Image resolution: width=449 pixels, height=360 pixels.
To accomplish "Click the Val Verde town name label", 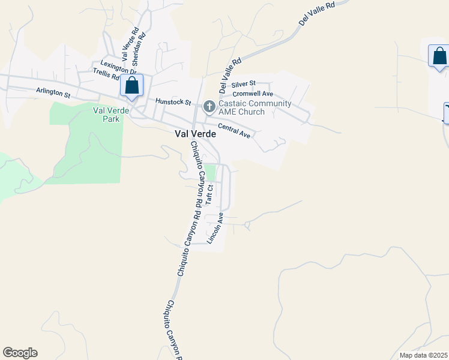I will pos(195,134).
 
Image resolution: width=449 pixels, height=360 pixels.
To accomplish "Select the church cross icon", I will pos(209,107).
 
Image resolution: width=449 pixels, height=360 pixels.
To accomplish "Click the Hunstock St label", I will pos(172,102).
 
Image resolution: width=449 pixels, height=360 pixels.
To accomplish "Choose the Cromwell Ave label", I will pos(253,94).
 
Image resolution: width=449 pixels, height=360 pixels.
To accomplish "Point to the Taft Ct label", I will pos(209,195).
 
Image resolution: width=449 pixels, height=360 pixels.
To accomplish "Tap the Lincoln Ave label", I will pos(215,227).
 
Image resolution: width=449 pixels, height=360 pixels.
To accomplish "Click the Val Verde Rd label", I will pos(130,45).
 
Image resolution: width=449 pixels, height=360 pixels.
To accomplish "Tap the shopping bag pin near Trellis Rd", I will pos(132,86).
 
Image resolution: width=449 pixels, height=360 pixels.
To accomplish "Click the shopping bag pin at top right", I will pos(439,56).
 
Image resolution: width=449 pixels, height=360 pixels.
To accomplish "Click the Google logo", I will pos(20,353).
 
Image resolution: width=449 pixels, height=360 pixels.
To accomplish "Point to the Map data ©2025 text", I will pos(423,355).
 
